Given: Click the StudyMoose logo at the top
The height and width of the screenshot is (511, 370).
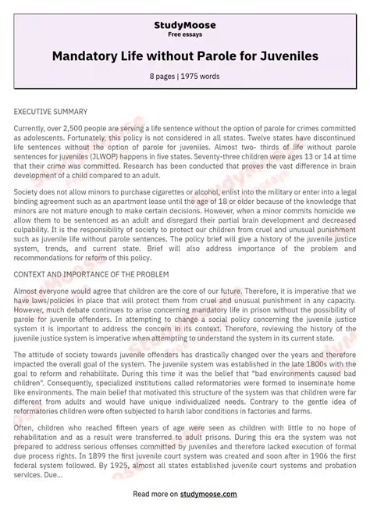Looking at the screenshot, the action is (x=185, y=26).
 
